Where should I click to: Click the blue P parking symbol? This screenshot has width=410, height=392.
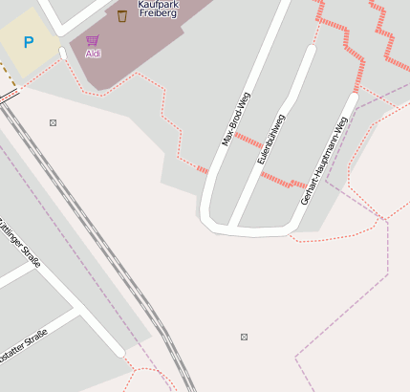29,42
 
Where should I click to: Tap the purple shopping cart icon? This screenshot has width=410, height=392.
93,41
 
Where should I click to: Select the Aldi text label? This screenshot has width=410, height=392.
93,54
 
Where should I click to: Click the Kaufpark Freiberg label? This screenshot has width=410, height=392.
158,9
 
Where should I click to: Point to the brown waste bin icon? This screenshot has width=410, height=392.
122,15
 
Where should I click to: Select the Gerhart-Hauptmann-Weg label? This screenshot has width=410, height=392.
323,161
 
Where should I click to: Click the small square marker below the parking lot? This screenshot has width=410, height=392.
53,122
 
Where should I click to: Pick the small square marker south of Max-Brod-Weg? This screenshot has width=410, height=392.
244,337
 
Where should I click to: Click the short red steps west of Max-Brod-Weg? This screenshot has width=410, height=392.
203,170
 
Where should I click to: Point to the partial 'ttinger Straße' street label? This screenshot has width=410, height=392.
19,243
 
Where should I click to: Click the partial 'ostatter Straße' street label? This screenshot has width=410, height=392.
23,344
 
